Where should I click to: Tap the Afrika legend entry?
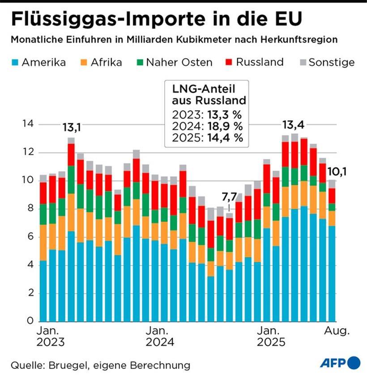[x=100, y=62]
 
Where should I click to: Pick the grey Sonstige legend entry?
[x=326, y=62]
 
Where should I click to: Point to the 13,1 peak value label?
[x=71, y=129]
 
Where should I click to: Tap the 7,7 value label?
[x=229, y=197]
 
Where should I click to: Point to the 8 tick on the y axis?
[x=30, y=208]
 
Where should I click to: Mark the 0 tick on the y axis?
[x=30, y=321]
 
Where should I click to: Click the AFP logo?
[x=340, y=363]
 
